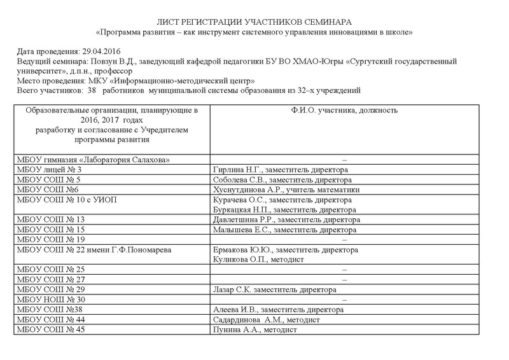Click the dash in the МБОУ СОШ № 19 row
coord(344,239)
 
